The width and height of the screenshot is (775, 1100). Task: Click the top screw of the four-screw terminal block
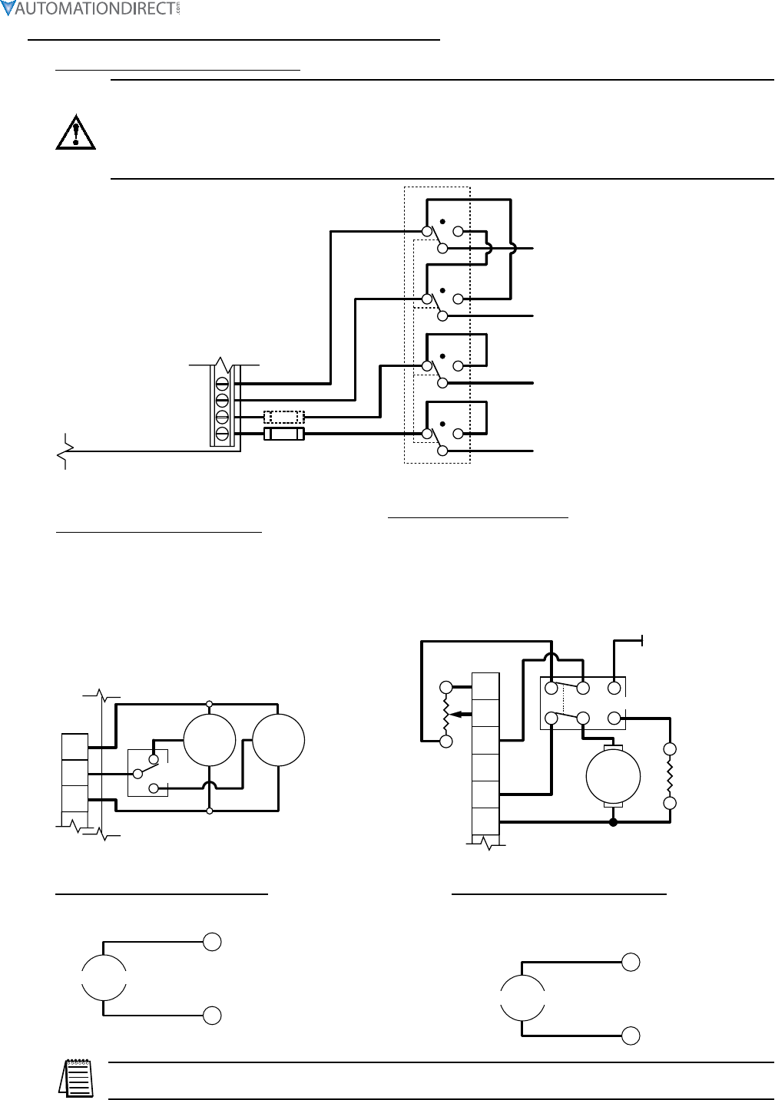pyautogui.click(x=223, y=382)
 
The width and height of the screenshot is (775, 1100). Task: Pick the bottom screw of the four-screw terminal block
pyautogui.click(x=223, y=434)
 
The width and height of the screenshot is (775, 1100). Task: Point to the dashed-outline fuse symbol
pyautogui.click(x=283, y=417)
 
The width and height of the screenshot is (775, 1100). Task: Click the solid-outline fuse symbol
pyautogui.click(x=283, y=434)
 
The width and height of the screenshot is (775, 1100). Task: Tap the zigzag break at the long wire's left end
pyautogui.click(x=63, y=452)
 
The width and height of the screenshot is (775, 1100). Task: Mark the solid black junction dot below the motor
pyautogui.click(x=612, y=823)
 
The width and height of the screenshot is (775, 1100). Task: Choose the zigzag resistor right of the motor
pyautogui.click(x=670, y=776)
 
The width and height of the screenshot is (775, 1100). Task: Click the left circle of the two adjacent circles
pyautogui.click(x=209, y=739)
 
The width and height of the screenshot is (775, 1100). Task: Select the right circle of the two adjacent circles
pyautogui.click(x=279, y=739)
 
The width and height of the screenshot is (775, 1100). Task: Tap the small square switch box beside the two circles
pyautogui.click(x=147, y=773)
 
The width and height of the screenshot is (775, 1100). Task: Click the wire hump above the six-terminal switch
pyautogui.click(x=552, y=657)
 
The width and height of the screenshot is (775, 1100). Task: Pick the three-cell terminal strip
pyautogui.click(x=75, y=773)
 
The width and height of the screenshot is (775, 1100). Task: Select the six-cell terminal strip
pyautogui.click(x=485, y=754)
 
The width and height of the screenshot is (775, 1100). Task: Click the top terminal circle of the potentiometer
pyautogui.click(x=445, y=685)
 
